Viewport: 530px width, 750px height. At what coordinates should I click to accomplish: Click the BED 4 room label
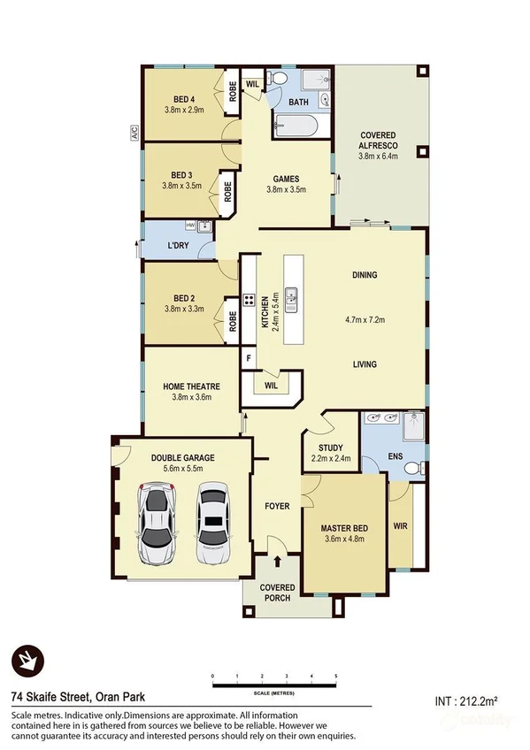(184, 99)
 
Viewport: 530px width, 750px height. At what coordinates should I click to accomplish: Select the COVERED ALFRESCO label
(378, 141)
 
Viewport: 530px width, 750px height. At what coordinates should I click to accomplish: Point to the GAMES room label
(285, 178)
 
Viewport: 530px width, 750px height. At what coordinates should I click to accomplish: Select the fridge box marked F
(250, 359)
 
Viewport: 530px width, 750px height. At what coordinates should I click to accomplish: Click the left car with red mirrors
(157, 525)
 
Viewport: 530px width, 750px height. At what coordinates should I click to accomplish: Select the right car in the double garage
(212, 525)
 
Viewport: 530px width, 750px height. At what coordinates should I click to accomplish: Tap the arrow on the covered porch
(280, 560)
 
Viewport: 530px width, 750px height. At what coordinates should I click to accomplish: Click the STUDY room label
(330, 448)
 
